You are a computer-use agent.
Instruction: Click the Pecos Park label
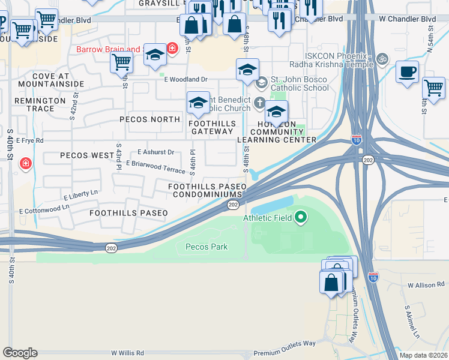pyautogui.click(x=206, y=247)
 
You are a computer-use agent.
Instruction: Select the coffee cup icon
pyautogui.click(x=407, y=73)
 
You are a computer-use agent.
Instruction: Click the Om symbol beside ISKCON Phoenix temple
pyautogui.click(x=382, y=59)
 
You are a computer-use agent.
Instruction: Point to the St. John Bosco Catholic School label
pyautogui.click(x=300, y=83)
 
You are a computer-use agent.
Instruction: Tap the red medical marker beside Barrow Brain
pyautogui.click(x=172, y=48)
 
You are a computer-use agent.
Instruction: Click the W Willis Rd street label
pyautogui.click(x=127, y=353)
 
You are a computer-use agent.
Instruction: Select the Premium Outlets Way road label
pyautogui.click(x=285, y=343)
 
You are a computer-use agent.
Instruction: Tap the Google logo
pyautogui.click(x=20, y=352)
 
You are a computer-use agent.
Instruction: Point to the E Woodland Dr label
pyautogui.click(x=185, y=79)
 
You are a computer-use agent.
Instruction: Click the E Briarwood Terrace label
pyautogui.click(x=155, y=166)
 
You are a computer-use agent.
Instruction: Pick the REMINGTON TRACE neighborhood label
pyautogui.click(x=39, y=104)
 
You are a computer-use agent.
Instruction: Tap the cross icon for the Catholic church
pyautogui.click(x=260, y=102)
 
